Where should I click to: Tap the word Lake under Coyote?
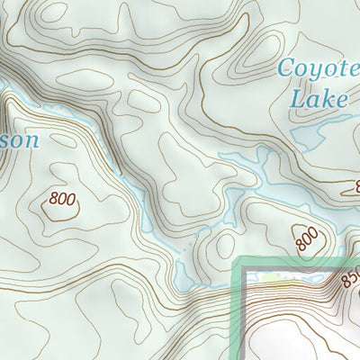pyautogui.click(x=319, y=97)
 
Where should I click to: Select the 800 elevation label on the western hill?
pyautogui.click(x=63, y=197)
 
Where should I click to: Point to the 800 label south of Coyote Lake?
pyautogui.click(x=307, y=238)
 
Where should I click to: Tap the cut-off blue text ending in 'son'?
pyautogui.click(x=20, y=140)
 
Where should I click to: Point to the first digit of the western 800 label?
pyautogui.click(x=56, y=195)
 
